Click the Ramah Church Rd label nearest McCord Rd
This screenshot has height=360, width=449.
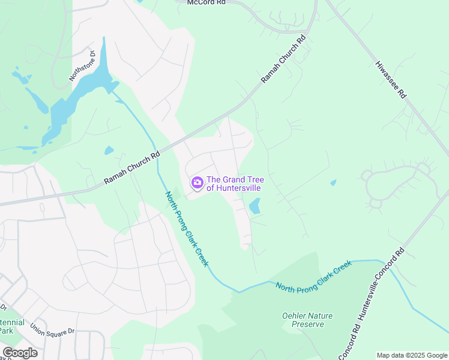283,59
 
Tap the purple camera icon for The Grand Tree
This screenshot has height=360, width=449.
197,182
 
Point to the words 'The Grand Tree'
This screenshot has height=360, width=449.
235,179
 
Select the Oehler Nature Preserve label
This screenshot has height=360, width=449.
307,320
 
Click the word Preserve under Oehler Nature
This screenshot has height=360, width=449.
307,325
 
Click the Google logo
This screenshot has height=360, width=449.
20,353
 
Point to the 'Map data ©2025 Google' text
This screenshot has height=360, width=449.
411,355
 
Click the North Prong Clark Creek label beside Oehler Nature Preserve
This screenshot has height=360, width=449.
313,276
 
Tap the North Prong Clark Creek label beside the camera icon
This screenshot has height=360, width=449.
187,229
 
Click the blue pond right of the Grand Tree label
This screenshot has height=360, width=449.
255,206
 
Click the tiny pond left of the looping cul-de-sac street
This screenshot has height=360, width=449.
333,182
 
